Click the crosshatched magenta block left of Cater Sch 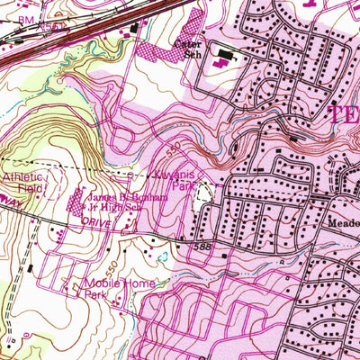[x=161, y=53]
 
